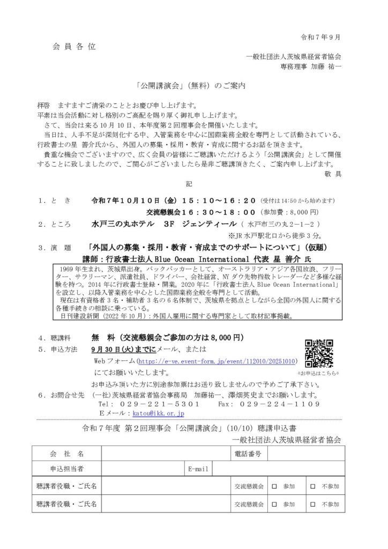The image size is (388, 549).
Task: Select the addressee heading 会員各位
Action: point(74,47)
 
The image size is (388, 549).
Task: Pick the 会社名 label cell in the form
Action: point(66,454)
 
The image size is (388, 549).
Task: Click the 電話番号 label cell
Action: point(248,454)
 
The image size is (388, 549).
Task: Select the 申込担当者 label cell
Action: point(66,469)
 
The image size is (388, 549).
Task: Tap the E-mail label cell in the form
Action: point(198,469)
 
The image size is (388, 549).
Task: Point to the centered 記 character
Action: point(189,183)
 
